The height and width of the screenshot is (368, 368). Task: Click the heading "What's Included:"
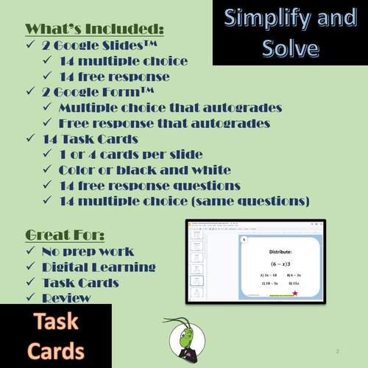click(x=94, y=29)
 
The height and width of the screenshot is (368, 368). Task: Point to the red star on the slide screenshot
click(x=296, y=294)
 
